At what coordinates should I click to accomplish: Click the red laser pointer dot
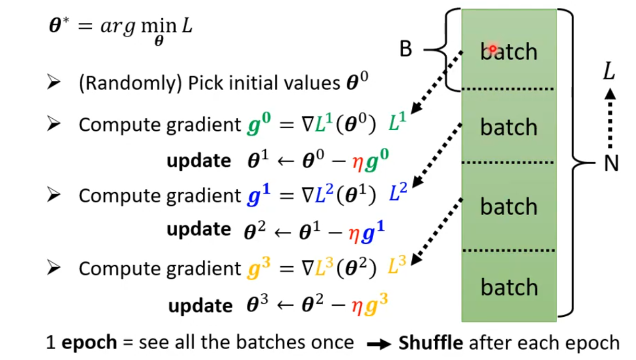coord(493,48)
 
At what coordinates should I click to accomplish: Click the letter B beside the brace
coord(406,50)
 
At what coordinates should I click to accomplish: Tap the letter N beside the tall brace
coord(610,164)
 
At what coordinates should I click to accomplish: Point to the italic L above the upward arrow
coord(609,72)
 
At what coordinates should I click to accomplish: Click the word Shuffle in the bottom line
coord(431,343)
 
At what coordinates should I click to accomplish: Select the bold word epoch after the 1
coord(89,343)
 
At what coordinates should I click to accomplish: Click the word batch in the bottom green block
coord(508,287)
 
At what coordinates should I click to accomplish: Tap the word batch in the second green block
coord(508,127)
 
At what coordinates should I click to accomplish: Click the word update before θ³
coord(200,305)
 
